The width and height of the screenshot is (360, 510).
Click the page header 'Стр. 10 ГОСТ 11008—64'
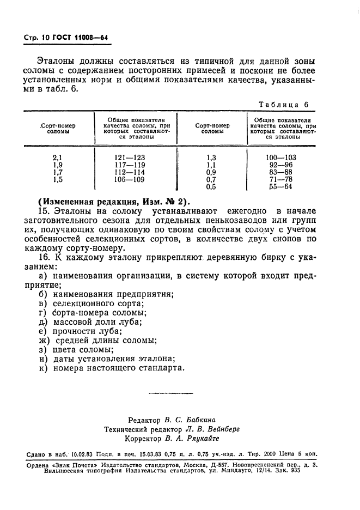pos(66,38)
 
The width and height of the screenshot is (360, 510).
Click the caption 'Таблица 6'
pos(283,105)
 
